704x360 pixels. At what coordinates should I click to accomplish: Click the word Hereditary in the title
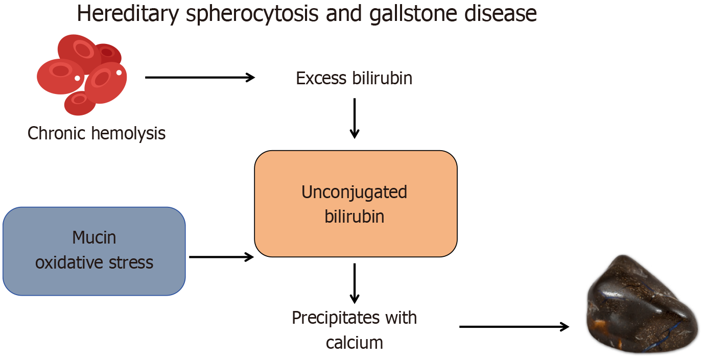[128, 14]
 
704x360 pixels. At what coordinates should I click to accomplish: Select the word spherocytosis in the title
[252, 14]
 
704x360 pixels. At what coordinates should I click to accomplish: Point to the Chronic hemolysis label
[97, 133]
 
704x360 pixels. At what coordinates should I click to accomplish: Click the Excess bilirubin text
[354, 78]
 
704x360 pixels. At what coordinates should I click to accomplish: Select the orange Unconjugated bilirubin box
[356, 204]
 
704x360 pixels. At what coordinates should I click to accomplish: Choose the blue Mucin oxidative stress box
[94, 251]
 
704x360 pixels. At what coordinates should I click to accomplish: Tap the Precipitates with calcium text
[355, 330]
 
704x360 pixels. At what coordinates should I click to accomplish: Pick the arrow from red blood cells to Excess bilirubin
[200, 77]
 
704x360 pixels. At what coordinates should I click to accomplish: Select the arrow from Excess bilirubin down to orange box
[355, 118]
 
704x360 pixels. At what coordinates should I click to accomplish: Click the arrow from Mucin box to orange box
[222, 257]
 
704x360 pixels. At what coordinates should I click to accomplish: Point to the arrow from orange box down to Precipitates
[355, 283]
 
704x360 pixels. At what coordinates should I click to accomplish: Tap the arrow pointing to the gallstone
[514, 327]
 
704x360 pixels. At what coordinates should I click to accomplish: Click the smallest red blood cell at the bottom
[80, 103]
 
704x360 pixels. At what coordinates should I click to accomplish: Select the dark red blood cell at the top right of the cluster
[108, 54]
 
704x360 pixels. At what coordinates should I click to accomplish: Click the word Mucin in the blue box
[94, 237]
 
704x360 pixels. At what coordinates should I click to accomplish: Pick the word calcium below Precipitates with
[355, 343]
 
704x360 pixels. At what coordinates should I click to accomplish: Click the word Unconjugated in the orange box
[354, 193]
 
